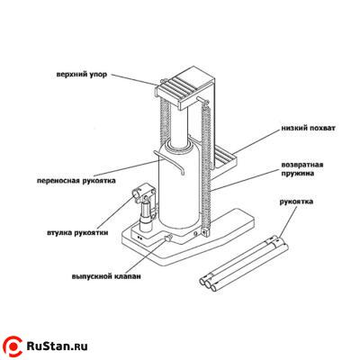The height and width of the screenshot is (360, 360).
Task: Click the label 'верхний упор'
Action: pyautogui.click(x=82, y=74)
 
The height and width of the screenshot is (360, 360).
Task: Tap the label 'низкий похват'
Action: pyautogui.click(x=309, y=128)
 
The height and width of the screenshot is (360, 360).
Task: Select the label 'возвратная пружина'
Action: pyautogui.click(x=302, y=169)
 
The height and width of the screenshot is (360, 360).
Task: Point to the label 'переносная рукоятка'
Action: pyautogui.click(x=76, y=181)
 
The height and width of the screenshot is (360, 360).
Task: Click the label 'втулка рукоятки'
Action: pyautogui.click(x=77, y=232)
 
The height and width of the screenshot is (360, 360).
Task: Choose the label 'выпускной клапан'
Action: pyautogui.click(x=106, y=276)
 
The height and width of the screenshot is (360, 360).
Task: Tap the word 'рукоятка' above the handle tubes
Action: pyautogui.click(x=296, y=202)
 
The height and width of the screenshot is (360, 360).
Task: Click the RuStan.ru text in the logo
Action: pyautogui.click(x=57, y=346)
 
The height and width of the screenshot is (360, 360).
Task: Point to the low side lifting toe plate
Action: pyautogui.click(x=226, y=158)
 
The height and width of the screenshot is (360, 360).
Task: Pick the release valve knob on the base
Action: pyautogui.click(x=167, y=238)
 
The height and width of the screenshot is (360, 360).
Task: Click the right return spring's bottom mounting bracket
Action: pyautogui.click(x=206, y=232)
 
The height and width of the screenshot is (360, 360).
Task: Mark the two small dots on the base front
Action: pyautogui.click(x=139, y=238)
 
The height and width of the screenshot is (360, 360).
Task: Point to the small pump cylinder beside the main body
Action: pyautogui.click(x=147, y=215)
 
